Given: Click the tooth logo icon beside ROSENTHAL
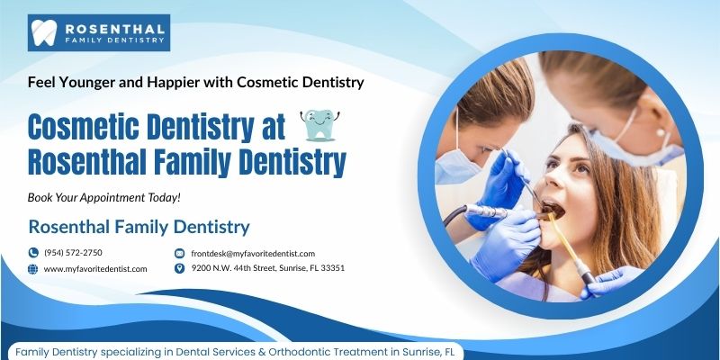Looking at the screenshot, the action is click(43, 32).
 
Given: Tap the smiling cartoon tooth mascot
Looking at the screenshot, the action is click(319, 125).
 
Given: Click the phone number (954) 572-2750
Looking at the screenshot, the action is click(73, 253).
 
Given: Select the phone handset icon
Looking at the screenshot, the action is click(33, 253).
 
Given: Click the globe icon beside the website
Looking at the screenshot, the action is click(33, 269).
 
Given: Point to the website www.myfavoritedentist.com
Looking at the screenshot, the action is click(95, 269).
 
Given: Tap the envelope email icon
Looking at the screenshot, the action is click(179, 254).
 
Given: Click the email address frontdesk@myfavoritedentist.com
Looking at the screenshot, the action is click(253, 254).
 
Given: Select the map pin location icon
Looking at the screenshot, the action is click(179, 268).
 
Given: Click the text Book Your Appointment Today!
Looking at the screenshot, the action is click(104, 197).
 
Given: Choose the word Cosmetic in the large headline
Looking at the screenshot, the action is click(83, 127).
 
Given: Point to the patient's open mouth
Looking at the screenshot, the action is click(553, 210).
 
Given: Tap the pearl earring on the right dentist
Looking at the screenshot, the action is click(661, 132).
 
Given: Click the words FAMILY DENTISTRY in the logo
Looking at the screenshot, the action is click(115, 40).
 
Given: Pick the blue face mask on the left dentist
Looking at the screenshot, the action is click(457, 166).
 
